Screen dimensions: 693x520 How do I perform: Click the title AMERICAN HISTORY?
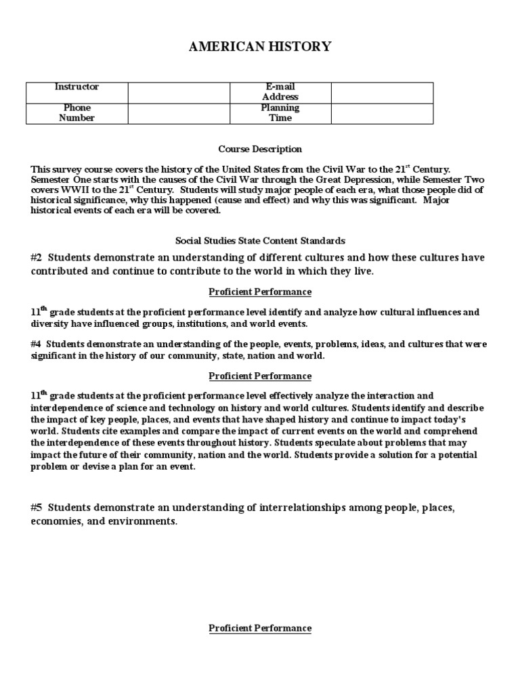(260, 47)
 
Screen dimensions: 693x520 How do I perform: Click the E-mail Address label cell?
(280, 92)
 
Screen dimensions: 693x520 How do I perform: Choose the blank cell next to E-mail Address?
(381, 92)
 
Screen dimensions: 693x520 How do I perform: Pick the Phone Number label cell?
(77, 113)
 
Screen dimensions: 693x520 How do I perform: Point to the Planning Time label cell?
(280, 113)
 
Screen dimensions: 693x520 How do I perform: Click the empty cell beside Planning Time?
(381, 113)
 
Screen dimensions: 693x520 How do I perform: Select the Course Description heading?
(260, 149)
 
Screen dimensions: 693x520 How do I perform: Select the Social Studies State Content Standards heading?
(260, 241)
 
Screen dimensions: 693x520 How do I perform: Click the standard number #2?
(37, 258)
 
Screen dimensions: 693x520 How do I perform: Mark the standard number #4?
(37, 344)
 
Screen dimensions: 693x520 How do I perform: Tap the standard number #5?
(37, 508)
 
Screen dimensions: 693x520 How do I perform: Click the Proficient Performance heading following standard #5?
(260, 629)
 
